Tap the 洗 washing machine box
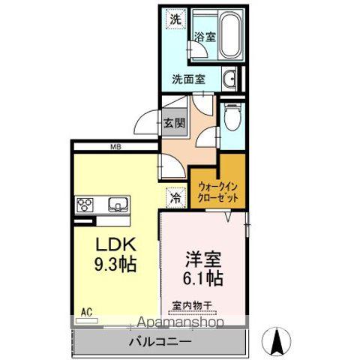(x=175, y=20)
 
